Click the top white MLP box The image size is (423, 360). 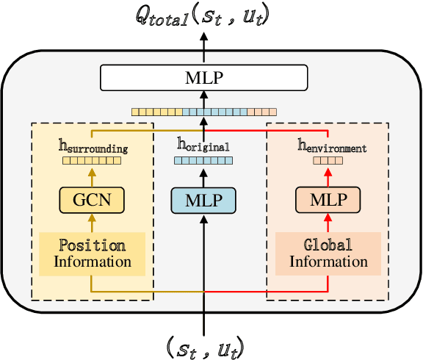pos(202,77)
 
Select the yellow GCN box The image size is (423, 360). pos(91,199)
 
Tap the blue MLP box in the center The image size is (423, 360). pos(202,199)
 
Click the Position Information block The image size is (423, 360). pos(91,253)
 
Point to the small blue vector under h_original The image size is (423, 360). pos(203,160)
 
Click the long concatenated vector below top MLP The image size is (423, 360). pos(202,112)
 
